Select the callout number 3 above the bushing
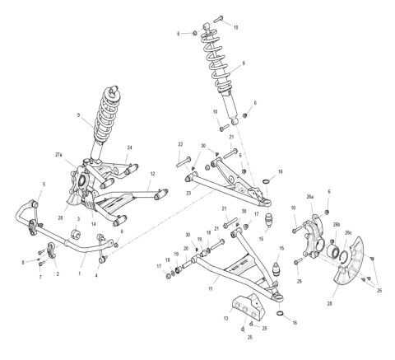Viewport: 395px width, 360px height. (77, 218)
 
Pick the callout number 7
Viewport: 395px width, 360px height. (39, 278)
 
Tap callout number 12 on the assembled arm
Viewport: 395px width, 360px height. (153, 174)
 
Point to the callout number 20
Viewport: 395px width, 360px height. (185, 249)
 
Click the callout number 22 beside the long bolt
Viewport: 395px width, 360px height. (179, 144)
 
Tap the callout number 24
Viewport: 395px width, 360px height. (129, 148)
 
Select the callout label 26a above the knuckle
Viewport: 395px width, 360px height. (311, 199)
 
